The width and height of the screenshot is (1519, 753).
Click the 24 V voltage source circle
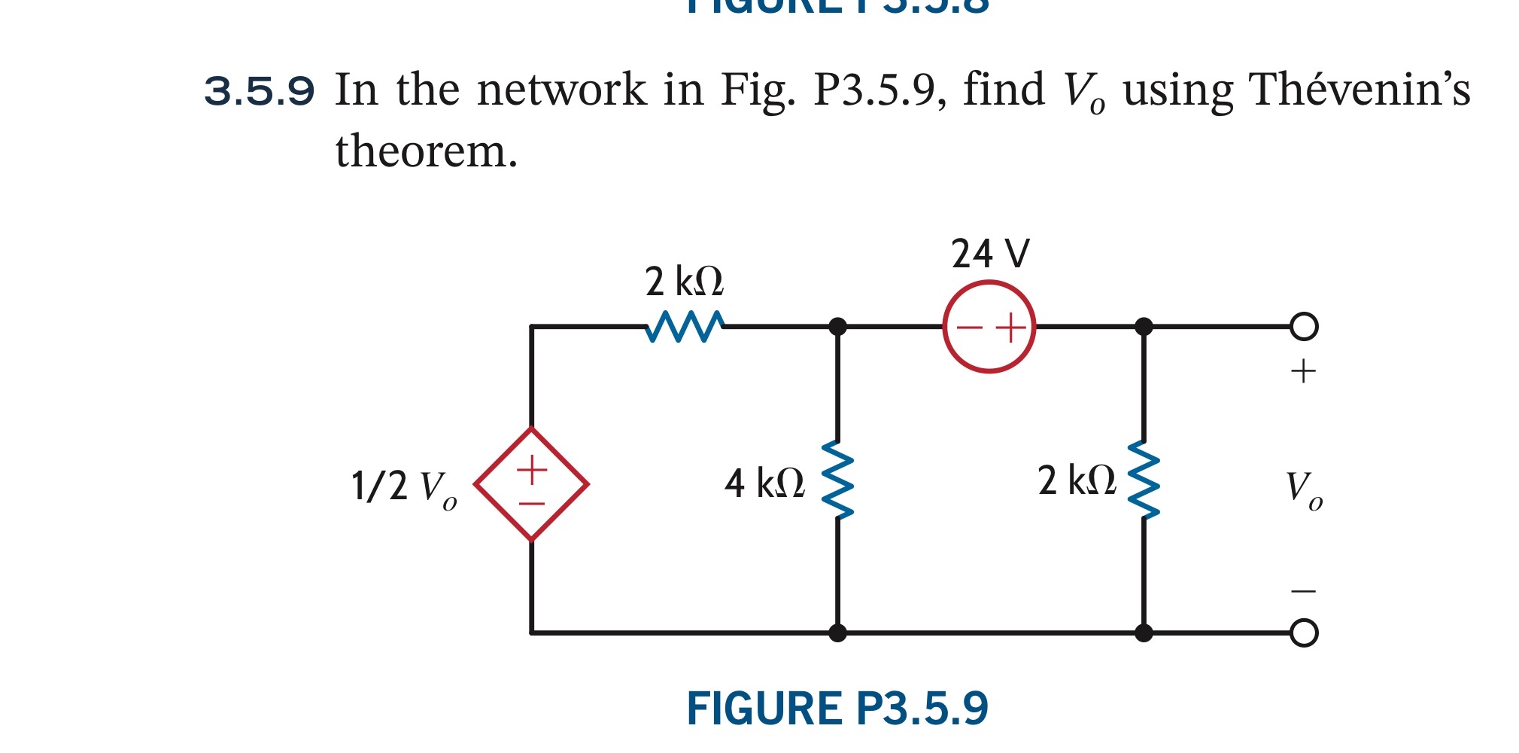[989, 326]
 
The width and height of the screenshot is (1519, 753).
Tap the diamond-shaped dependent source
[531, 484]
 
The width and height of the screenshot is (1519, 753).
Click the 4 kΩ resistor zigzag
[837, 480]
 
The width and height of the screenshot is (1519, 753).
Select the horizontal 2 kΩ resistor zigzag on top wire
[685, 327]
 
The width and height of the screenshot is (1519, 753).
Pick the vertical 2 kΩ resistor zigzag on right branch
[1143, 480]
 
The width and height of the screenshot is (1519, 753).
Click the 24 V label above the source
[989, 254]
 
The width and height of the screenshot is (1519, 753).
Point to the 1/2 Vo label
[403, 487]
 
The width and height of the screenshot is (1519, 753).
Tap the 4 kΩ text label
[764, 483]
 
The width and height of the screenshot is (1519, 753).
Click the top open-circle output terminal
[1303, 326]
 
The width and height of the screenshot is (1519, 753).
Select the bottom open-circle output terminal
[1303, 633]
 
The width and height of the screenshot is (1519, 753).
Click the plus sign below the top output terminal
[1303, 371]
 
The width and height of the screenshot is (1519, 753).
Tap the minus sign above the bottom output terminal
[1303, 591]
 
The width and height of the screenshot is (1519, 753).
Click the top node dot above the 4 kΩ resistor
[837, 326]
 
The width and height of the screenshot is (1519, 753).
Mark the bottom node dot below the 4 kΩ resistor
[837, 633]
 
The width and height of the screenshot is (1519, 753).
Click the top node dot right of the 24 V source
[1143, 326]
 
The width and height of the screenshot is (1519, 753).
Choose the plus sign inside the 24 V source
[1011, 328]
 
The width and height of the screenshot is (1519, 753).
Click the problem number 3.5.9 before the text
[259, 92]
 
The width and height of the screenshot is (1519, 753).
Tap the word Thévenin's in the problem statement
[1359, 90]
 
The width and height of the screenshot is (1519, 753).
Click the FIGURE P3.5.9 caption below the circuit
[837, 709]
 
